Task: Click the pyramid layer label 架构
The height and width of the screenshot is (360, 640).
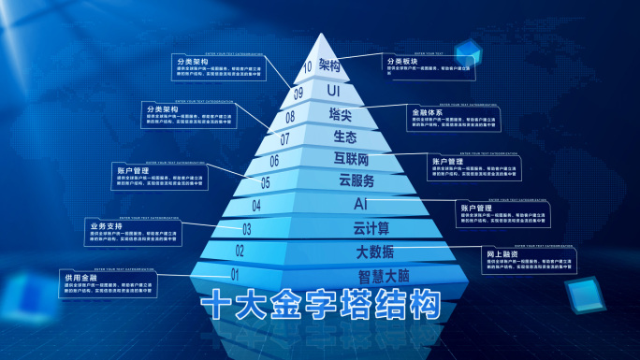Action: click(327, 65)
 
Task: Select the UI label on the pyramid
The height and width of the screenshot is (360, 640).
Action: click(333, 91)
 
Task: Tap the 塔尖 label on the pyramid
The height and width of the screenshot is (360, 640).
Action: click(340, 114)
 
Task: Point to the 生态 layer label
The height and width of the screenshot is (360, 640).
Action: click(344, 137)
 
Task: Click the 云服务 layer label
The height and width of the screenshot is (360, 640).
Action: click(356, 180)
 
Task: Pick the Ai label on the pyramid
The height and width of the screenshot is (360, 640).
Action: click(360, 203)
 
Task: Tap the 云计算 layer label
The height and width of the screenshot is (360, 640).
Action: click(371, 227)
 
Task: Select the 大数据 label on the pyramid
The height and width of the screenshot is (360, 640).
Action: click(374, 252)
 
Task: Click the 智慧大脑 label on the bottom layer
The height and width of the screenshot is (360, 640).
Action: click(384, 277)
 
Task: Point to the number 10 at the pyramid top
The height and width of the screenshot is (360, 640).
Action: click(308, 67)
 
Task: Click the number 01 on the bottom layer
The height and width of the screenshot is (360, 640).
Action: click(236, 274)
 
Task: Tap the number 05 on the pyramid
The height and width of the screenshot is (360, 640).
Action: click(265, 183)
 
